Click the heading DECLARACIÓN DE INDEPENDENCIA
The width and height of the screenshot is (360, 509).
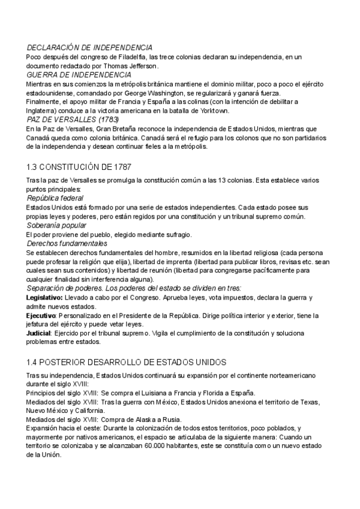point(89,47)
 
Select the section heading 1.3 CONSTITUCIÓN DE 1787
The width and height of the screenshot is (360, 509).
point(79,165)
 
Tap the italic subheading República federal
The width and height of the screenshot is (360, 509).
point(55,197)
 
